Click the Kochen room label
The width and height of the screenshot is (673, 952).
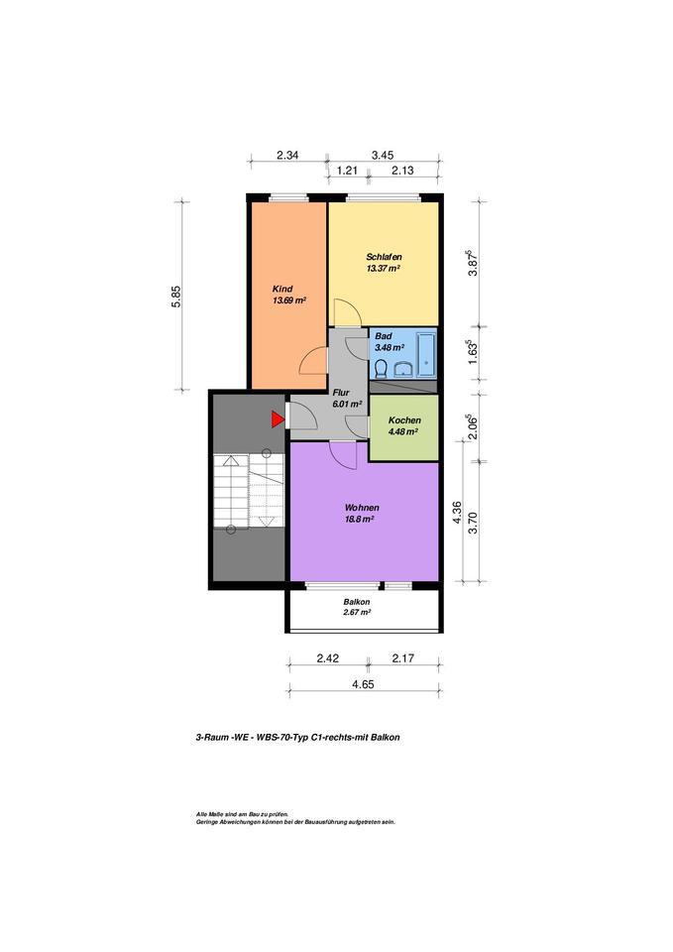pos(403,419)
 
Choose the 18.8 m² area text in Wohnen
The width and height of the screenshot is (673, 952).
pos(359,519)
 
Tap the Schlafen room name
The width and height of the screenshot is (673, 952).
pos(383,257)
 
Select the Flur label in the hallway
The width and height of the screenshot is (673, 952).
pos(342,393)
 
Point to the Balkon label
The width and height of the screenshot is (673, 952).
pos(357,602)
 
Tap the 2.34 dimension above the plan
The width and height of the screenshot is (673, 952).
pos(287,155)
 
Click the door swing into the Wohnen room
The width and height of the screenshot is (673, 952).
pos(343,455)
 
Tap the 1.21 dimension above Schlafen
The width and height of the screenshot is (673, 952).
pos(347,171)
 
